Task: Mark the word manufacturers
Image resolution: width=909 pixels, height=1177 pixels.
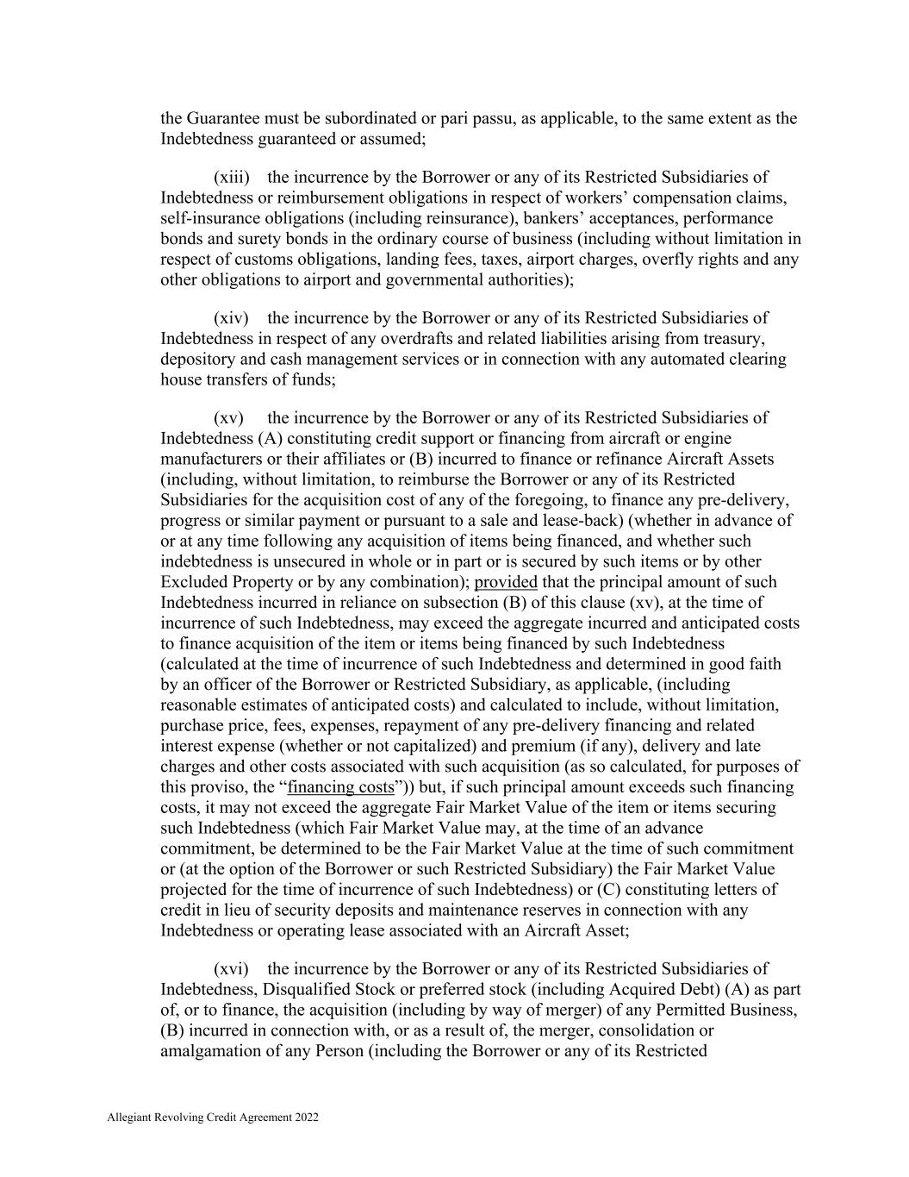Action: pyautogui.click(x=209, y=459)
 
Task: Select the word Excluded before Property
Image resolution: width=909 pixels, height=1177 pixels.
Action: pyautogui.click(x=191, y=582)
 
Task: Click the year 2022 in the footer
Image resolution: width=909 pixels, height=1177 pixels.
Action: pyautogui.click(x=307, y=1118)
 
